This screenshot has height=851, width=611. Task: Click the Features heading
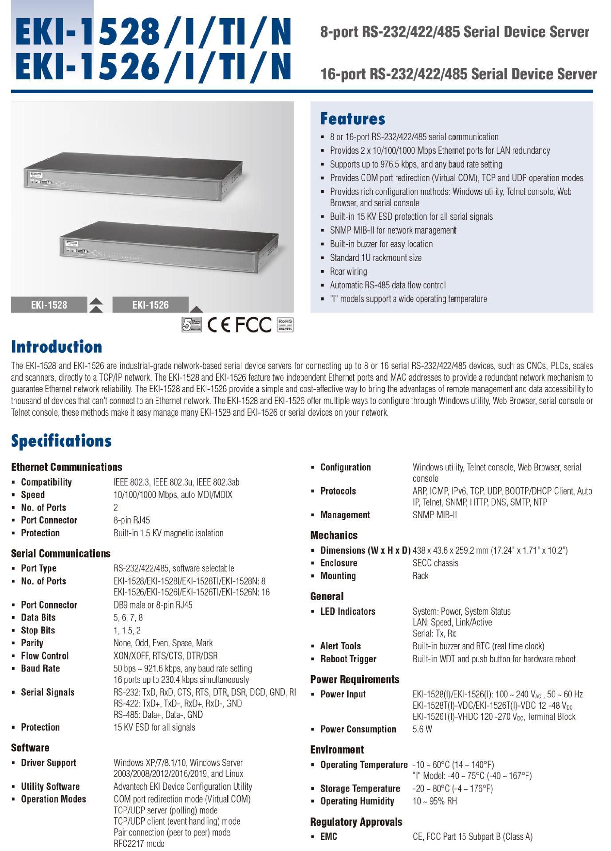coord(353,119)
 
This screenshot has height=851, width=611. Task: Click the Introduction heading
coord(56,347)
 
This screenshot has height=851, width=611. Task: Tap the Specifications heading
coord(61,441)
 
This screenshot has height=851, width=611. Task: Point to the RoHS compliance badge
coord(285,324)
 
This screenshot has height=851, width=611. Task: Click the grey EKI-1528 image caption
coord(49,305)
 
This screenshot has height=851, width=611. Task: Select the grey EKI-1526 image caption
coord(150,305)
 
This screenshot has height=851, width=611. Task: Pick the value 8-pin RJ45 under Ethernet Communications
coord(132,520)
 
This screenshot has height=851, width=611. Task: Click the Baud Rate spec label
coord(40,668)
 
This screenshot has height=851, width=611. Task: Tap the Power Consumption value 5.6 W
coord(422,729)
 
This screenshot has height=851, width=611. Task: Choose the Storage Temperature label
coord(360,789)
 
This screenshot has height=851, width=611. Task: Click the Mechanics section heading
coord(334,535)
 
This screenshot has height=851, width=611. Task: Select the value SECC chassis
coord(435,563)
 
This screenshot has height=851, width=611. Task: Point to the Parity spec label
coord(32,643)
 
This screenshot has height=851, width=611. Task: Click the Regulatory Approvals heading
coord(356,822)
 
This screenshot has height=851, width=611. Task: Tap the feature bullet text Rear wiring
coord(348,271)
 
